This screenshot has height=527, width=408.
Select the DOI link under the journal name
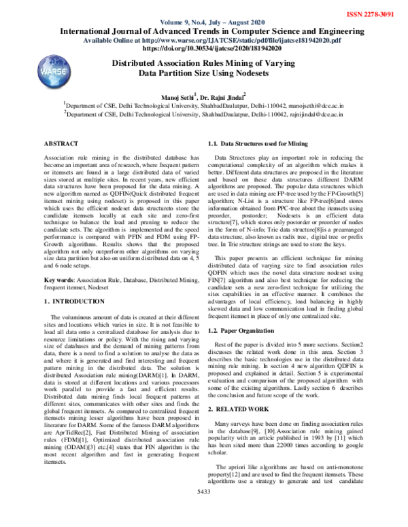(204, 49)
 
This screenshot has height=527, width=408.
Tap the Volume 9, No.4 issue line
(204, 21)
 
